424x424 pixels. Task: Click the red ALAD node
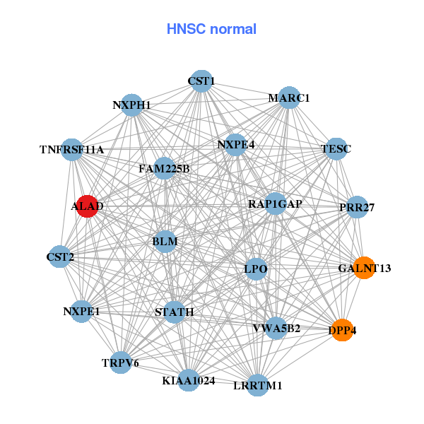pyautogui.click(x=87, y=206)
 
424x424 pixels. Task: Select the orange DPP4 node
pyautogui.click(x=342, y=330)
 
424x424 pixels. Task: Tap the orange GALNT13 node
pyautogui.click(x=364, y=269)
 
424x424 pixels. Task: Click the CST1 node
pyautogui.click(x=201, y=81)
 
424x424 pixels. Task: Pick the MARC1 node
pyautogui.click(x=288, y=98)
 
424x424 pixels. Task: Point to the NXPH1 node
pyautogui.click(x=132, y=105)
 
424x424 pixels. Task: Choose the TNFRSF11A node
pyautogui.click(x=72, y=150)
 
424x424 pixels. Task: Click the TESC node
pyautogui.click(x=335, y=149)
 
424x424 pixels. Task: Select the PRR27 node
pyautogui.click(x=357, y=208)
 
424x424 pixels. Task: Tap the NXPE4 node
pyautogui.click(x=235, y=145)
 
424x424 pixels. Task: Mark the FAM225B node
pyautogui.click(x=164, y=169)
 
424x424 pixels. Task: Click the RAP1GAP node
pyautogui.click(x=275, y=204)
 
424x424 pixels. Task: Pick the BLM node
pyautogui.click(x=165, y=242)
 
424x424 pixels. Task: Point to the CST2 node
pyautogui.click(x=60, y=257)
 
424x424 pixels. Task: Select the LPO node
pyautogui.click(x=255, y=269)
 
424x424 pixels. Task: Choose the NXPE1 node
pyautogui.click(x=81, y=311)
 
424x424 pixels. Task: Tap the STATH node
pyautogui.click(x=175, y=312)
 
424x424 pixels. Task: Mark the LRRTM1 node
pyautogui.click(x=258, y=385)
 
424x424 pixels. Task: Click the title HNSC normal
pyautogui.click(x=211, y=29)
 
